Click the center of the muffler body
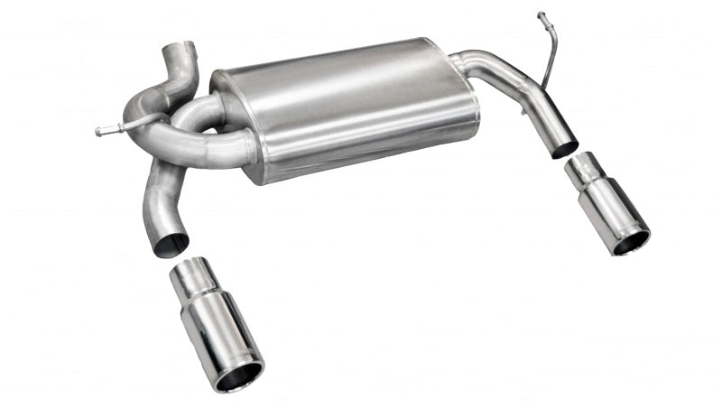(347, 108)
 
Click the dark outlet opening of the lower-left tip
(239, 376)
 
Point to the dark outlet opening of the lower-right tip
(631, 241)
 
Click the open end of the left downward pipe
(170, 245)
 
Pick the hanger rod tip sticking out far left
(99, 132)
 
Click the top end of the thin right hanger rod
(541, 15)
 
